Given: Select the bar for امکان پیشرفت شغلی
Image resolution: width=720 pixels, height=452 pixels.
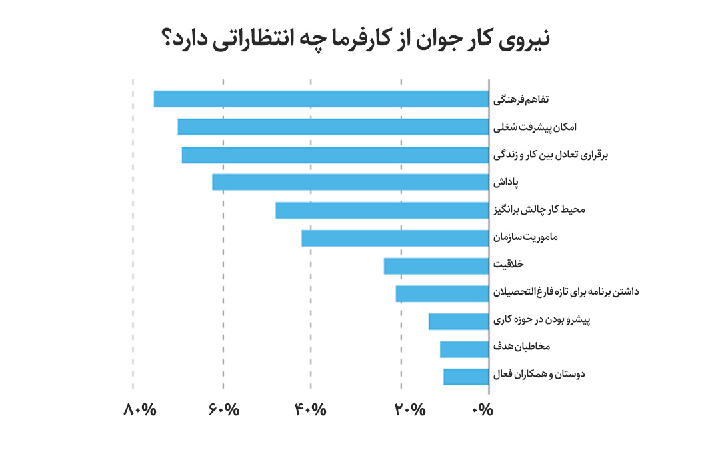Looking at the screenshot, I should (x=333, y=127).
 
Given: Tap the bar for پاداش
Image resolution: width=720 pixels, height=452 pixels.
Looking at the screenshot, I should (x=351, y=182).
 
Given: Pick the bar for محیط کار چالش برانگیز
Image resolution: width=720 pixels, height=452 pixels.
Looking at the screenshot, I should (x=382, y=210).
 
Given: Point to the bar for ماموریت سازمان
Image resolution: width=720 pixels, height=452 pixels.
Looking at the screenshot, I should (x=395, y=238).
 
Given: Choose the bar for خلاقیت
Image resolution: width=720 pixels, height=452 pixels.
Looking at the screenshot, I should (x=437, y=266).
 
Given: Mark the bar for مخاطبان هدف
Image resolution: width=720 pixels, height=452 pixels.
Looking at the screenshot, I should (x=465, y=349).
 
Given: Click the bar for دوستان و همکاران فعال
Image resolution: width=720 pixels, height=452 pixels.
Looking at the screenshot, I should (x=466, y=377).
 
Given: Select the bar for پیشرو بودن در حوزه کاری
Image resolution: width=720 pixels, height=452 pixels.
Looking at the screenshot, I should (x=459, y=321).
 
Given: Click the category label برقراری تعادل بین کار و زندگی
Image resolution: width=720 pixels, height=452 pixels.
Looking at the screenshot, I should (x=551, y=155).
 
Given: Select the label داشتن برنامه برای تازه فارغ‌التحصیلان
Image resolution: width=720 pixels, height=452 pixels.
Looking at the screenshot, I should (x=565, y=292).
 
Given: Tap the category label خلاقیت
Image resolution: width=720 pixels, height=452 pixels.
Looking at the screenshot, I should (x=508, y=265).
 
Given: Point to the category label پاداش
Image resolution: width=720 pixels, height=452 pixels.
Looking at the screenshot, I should (x=505, y=182).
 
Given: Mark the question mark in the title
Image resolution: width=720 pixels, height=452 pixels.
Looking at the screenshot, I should (x=169, y=40).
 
